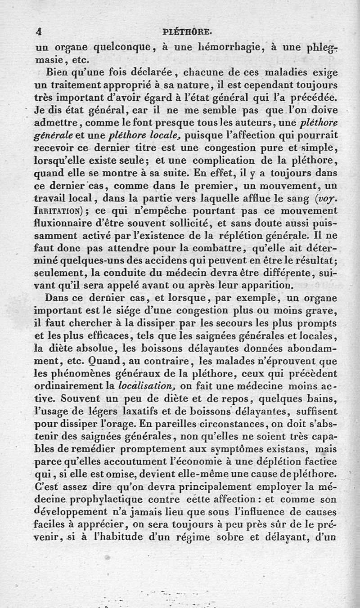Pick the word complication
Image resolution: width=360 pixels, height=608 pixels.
pos(231,160)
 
